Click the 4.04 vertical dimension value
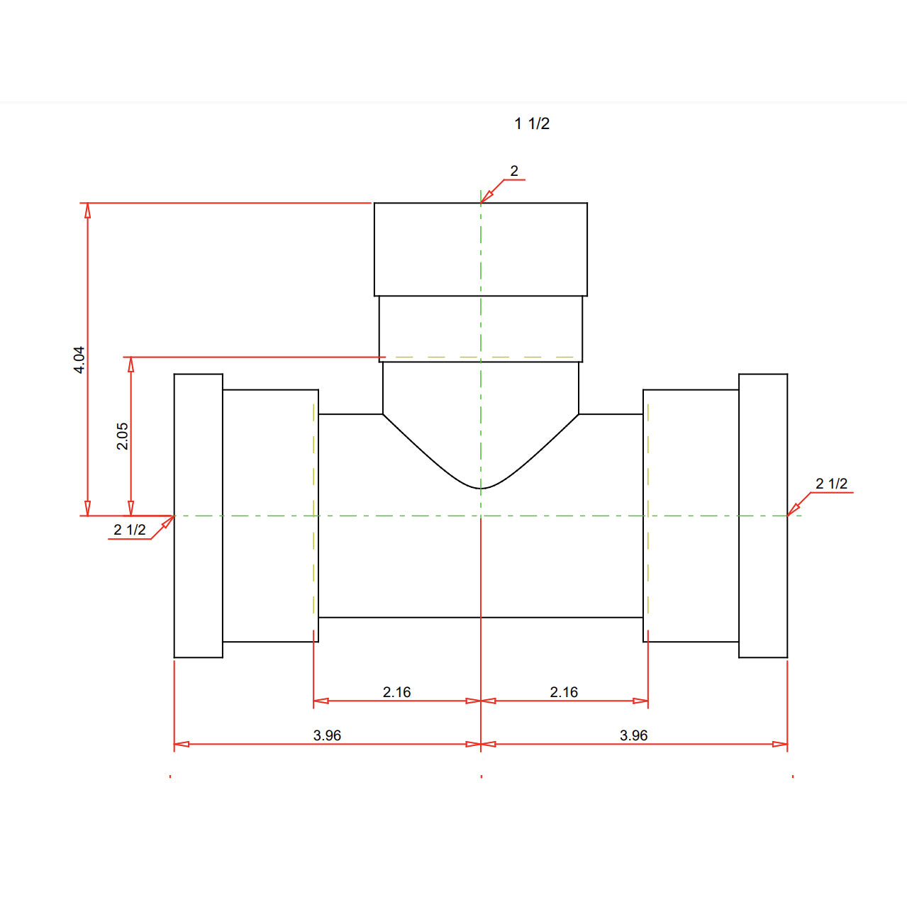point(79,360)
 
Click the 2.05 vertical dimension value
point(122,436)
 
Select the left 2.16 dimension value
point(396,692)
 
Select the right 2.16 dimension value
point(564,692)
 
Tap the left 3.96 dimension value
point(327,735)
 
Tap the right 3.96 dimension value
point(633,735)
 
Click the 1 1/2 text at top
point(532,123)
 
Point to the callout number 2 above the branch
point(514,171)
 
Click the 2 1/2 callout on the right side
point(831,484)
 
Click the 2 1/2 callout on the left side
point(130,530)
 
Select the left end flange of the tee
point(199,516)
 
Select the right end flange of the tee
point(763,516)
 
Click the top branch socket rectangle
point(481,249)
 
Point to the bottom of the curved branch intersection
point(481,489)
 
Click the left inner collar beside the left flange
point(270,516)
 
